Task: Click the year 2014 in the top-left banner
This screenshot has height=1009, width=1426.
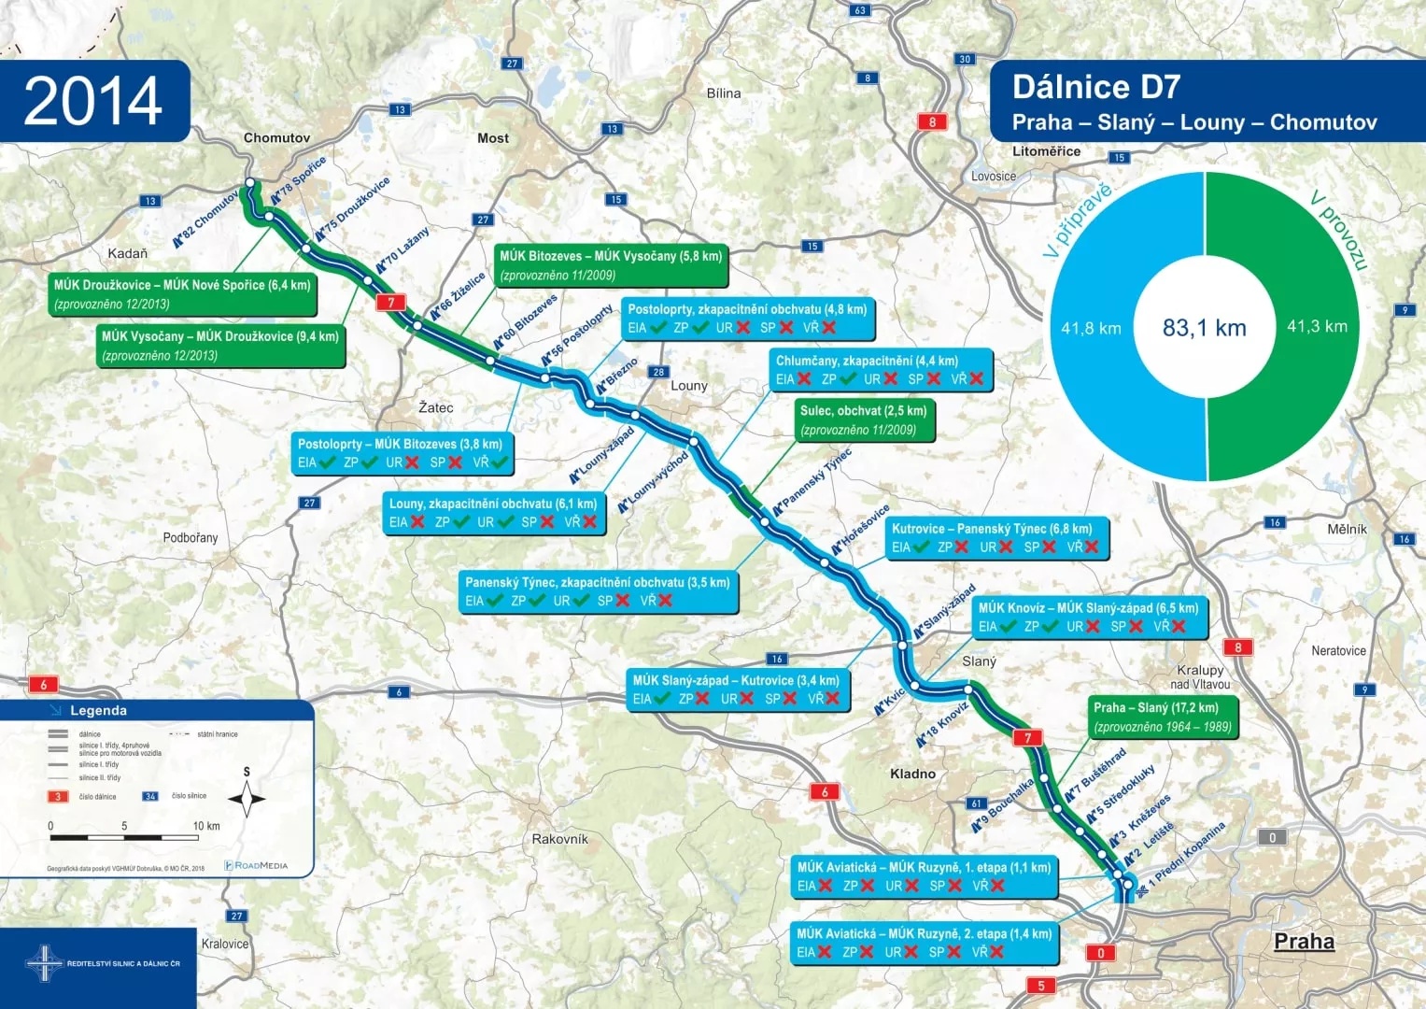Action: [93, 101]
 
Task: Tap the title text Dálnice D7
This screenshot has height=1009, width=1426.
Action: [1096, 87]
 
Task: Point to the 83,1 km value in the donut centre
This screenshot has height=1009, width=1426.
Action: [1204, 328]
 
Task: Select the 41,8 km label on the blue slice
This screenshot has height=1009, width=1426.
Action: [1091, 328]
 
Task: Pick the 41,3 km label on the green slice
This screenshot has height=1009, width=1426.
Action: [1317, 326]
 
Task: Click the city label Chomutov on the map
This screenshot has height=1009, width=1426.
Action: [276, 138]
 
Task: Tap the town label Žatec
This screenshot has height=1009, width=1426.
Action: [436, 408]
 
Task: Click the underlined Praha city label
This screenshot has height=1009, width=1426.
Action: [1304, 941]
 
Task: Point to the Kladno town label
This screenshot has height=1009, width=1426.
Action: [912, 774]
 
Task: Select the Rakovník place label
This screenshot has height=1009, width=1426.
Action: [560, 839]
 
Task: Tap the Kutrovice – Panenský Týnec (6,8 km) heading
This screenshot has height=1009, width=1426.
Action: [992, 529]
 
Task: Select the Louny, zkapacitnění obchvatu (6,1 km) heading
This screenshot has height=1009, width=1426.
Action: [493, 504]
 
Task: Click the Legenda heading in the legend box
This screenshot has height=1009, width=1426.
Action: [98, 711]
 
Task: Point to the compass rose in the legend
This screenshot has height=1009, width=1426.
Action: [247, 798]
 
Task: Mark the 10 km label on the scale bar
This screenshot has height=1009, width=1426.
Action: [206, 826]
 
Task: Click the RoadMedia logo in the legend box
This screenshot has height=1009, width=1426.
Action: [257, 865]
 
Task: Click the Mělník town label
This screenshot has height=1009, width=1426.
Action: [1347, 529]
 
